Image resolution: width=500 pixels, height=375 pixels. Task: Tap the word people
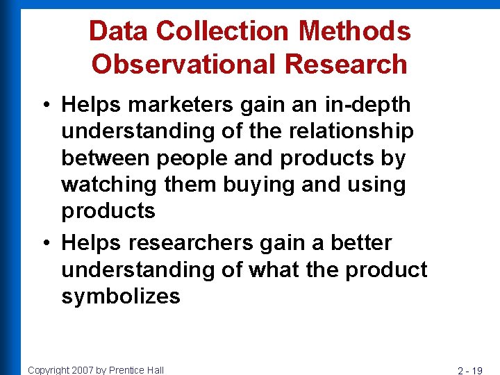pos(191,158)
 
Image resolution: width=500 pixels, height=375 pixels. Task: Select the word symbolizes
pos(121,297)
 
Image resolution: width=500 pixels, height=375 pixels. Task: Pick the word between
pos(106,158)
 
